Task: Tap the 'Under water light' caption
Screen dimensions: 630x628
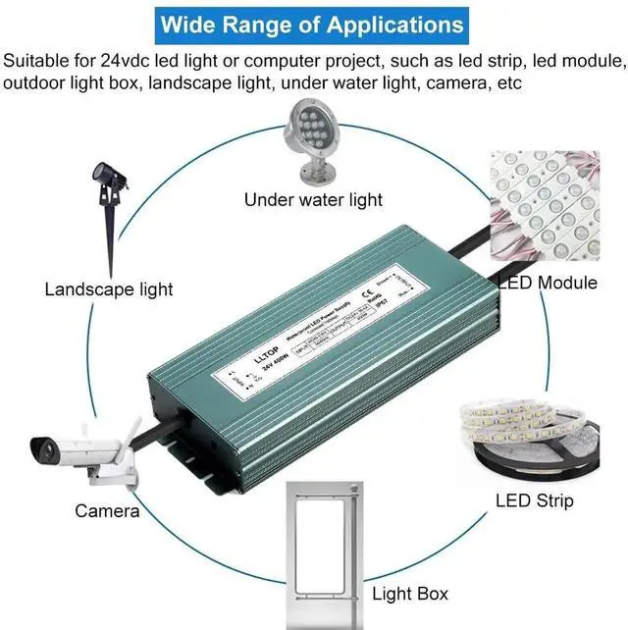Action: (x=313, y=200)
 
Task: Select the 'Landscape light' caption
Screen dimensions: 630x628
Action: (x=109, y=289)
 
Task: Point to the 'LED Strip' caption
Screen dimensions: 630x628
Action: (x=534, y=501)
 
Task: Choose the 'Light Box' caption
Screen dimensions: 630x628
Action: (x=410, y=593)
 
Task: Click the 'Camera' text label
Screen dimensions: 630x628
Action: (x=107, y=510)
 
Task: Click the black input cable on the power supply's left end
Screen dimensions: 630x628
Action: (x=151, y=421)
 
